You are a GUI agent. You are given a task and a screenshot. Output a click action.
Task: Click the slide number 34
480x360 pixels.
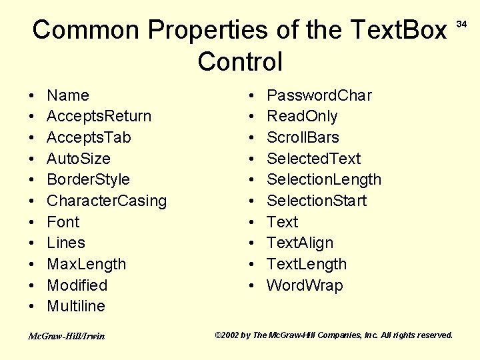[x=461, y=25]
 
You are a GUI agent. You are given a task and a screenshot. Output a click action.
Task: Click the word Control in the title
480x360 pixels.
[x=240, y=61]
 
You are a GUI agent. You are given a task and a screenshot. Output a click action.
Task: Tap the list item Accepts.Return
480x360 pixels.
[x=99, y=116]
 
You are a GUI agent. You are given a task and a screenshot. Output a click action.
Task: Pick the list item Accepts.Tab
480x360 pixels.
[x=89, y=137]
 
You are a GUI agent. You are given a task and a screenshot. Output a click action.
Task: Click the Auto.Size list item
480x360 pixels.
[x=79, y=159]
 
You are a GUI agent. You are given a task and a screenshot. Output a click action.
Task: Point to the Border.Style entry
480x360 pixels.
[x=88, y=179]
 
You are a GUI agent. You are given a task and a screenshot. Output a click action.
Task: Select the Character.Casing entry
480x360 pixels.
[x=107, y=201]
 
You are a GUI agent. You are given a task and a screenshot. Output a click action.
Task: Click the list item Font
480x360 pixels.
[x=63, y=222]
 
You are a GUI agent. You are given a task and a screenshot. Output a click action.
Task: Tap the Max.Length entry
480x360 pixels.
[x=86, y=264]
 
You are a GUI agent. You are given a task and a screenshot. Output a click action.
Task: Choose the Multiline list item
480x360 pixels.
[x=76, y=306]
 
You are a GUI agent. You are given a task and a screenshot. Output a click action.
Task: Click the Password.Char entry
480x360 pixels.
[x=319, y=95]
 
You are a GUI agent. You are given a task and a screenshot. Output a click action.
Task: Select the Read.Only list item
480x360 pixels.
[x=302, y=116]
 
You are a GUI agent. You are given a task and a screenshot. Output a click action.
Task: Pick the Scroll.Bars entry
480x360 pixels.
[x=303, y=137]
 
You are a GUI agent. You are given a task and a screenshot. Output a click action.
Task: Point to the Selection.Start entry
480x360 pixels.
[x=316, y=201]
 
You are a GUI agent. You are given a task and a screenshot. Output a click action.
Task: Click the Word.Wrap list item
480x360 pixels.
[x=305, y=285]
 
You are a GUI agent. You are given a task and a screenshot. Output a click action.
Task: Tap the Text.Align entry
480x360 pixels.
[x=299, y=243]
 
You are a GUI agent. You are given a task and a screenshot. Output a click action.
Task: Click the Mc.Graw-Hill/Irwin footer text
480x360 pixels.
[x=66, y=336]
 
